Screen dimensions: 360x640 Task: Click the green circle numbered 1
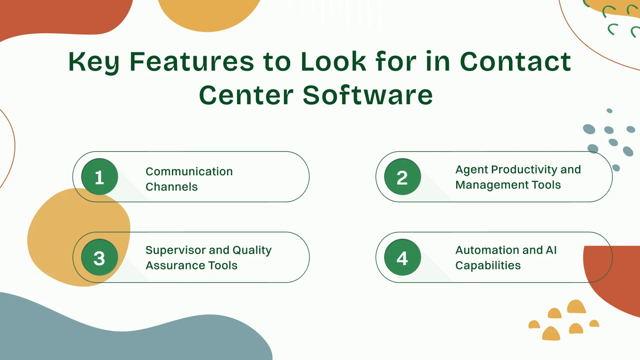[100, 177]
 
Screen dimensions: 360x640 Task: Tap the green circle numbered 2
[402, 177]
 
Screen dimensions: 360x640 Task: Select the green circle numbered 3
[100, 257]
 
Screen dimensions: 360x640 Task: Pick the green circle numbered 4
[402, 257]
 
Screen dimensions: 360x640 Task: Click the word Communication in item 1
[189, 171]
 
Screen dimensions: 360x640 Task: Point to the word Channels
[171, 187]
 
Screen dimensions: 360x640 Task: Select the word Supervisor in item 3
[175, 250]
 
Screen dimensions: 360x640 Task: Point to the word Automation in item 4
[487, 250]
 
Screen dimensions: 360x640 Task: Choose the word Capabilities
[488, 266]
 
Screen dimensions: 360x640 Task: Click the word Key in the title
[94, 62]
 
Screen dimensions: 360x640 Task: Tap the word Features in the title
[192, 61]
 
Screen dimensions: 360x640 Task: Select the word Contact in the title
[515, 61]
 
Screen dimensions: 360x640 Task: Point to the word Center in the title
[246, 95]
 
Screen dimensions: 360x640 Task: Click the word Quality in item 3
[252, 250]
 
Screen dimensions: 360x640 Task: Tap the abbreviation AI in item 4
[551, 250]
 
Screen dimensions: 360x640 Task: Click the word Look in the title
[333, 61]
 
